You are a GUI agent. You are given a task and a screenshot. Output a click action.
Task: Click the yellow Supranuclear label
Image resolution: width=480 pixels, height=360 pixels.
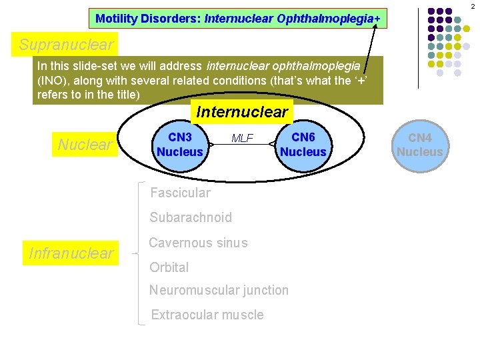66,45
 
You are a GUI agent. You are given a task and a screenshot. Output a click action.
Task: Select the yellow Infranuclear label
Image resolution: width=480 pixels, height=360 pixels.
71,253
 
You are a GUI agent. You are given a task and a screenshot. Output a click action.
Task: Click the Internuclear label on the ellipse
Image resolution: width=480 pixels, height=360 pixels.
241,112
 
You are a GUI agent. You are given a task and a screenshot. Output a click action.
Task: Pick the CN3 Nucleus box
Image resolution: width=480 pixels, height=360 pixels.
179,145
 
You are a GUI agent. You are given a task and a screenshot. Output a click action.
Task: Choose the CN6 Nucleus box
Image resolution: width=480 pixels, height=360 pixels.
303,145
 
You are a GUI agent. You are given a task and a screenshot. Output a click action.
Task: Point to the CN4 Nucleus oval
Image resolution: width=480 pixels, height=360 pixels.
419,145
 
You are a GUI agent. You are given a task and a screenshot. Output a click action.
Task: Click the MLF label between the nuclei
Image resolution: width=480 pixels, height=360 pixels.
242,139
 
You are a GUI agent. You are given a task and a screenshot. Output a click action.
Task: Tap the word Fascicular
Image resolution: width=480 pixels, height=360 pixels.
180,193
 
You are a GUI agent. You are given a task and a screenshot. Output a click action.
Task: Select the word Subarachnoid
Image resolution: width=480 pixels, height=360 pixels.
191,217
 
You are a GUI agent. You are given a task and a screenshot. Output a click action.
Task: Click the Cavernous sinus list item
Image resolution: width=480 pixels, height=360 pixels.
198,243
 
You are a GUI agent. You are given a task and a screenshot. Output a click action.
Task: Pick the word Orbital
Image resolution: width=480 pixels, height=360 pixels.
169,267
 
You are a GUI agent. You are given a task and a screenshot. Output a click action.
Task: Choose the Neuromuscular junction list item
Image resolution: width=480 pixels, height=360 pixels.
219,290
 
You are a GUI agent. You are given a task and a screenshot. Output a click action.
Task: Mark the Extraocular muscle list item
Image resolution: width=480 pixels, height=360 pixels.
207,315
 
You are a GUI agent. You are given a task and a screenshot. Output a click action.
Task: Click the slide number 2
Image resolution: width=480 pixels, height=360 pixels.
472,6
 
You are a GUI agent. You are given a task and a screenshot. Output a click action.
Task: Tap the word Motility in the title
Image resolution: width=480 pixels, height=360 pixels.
115,19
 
